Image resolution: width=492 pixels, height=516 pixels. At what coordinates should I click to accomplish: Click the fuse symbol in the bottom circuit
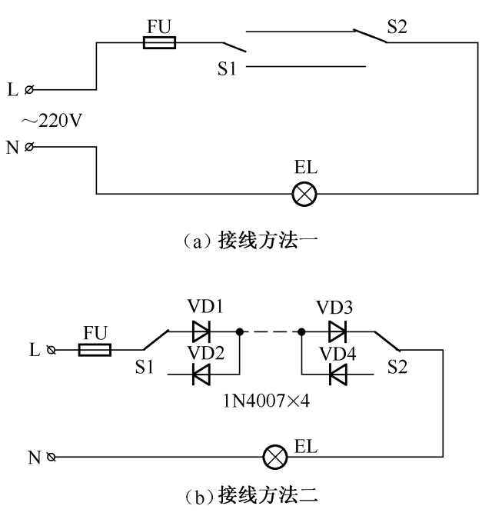(95, 351)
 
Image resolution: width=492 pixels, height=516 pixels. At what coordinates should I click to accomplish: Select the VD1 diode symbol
(201, 332)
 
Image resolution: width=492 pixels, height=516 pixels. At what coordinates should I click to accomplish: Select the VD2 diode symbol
(201, 375)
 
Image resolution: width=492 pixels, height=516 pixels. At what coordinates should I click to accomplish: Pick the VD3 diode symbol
(337, 332)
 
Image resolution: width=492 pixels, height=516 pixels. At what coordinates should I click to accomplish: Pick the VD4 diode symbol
(337, 375)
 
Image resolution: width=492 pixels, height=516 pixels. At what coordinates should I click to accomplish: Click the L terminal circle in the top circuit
(30, 91)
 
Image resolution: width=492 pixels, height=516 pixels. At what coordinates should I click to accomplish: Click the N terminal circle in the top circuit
(30, 146)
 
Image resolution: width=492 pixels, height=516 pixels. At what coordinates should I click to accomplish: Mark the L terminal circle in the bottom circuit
(52, 351)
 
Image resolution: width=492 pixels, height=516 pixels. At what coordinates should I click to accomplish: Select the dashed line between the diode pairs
(270, 332)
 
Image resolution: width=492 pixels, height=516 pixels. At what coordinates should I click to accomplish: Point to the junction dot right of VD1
(240, 332)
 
